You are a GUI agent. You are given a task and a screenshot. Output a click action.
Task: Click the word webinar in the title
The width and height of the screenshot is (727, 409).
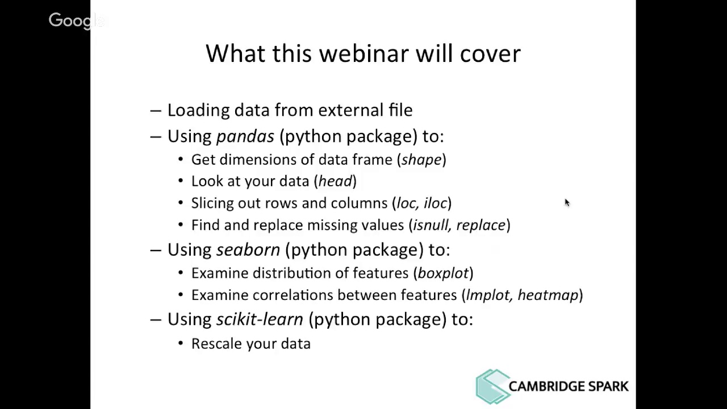point(363,53)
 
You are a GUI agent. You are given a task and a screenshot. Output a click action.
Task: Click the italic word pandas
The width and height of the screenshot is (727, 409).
point(245,136)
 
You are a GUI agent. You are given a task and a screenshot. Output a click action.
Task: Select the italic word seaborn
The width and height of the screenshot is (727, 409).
point(248,250)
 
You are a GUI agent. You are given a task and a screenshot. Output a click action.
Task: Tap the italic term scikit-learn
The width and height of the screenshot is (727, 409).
point(260,319)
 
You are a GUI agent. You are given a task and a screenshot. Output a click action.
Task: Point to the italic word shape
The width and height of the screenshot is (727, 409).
point(421,160)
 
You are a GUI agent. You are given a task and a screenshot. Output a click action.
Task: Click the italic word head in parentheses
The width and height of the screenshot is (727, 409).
point(335,181)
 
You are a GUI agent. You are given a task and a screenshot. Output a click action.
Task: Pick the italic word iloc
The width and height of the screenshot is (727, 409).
point(436,203)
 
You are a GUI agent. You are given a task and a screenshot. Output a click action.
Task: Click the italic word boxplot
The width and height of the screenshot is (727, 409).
point(443,273)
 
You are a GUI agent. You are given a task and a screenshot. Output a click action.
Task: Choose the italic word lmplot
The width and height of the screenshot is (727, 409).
point(488,295)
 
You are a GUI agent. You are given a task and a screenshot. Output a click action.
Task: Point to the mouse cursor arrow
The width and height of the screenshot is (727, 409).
point(566,202)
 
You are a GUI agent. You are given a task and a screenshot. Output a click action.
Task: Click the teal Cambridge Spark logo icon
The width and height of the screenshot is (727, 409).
point(492,386)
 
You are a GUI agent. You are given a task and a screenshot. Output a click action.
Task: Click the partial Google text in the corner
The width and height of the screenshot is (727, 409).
point(75,21)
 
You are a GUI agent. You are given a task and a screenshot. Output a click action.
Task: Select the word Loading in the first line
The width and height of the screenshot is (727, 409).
point(198,110)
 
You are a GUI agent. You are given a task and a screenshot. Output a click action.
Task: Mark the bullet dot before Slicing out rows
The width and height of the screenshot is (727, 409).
point(181,203)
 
